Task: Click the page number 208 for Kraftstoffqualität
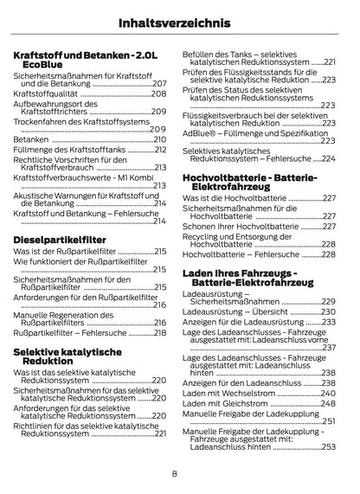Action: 158,93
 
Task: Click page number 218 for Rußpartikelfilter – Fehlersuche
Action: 158,333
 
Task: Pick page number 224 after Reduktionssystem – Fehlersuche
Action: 326,159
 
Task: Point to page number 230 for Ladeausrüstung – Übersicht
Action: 326,311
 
